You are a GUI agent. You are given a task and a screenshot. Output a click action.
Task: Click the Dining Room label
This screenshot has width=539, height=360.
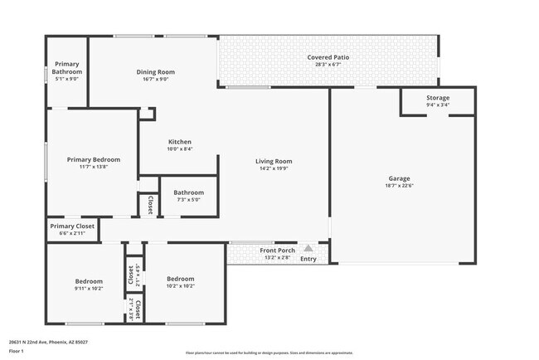coord(156,72)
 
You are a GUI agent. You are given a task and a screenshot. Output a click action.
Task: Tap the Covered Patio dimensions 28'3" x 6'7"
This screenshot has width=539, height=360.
coord(328,65)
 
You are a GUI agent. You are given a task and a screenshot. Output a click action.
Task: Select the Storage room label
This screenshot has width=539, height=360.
coord(438,98)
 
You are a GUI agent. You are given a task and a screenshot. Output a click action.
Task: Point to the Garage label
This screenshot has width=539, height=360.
coord(400,178)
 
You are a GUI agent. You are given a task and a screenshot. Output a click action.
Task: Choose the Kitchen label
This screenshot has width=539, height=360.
coord(180,141)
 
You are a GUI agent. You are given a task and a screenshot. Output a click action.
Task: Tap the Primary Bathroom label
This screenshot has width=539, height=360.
coord(66,68)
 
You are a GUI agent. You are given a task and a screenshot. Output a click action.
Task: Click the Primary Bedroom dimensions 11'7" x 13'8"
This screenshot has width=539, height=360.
coord(94,167)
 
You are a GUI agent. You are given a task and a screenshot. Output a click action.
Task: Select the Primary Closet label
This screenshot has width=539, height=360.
coord(72,226)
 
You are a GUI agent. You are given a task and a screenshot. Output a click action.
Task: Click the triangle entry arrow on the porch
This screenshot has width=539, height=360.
coord(308,247)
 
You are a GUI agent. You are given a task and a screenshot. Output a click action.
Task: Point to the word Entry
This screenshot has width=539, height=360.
coord(308,259)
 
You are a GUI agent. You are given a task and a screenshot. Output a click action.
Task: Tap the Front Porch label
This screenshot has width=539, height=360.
coord(278,251)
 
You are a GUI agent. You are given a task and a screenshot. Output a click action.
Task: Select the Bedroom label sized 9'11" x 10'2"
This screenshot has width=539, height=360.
coord(89,281)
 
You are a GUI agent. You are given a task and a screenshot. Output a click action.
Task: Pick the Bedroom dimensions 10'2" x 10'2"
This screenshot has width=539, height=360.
coord(180,286)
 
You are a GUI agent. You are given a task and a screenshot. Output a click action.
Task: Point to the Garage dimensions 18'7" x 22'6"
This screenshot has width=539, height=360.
coord(400,186)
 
